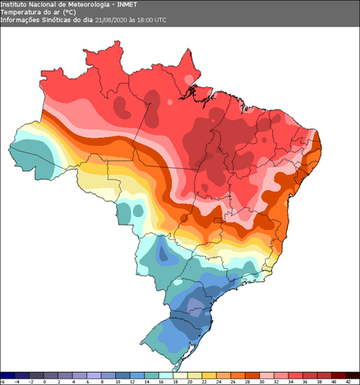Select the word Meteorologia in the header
[x=85, y=5]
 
